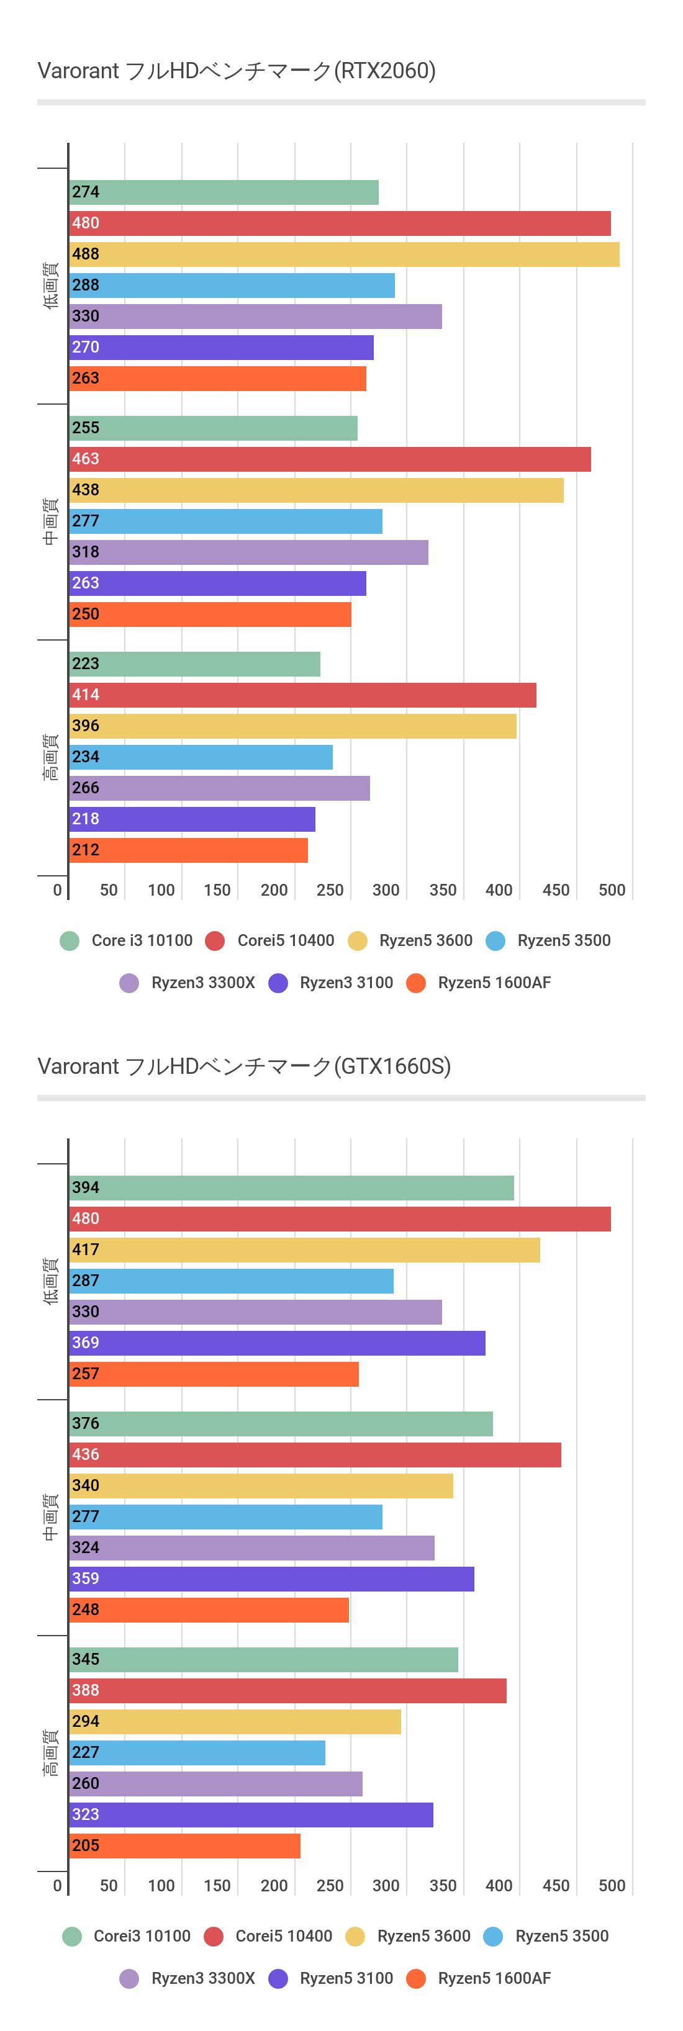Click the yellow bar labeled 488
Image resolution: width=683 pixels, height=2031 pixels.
pos(344,254)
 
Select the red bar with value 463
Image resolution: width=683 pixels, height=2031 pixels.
pos(330,459)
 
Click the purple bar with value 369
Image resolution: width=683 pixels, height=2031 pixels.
pos(277,1343)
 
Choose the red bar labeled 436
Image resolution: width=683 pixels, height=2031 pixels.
pos(315,1454)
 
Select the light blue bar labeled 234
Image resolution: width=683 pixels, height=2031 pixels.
pos(201,757)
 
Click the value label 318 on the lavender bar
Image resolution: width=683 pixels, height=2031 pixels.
pos(86,552)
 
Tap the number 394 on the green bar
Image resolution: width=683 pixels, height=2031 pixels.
pos(86,1187)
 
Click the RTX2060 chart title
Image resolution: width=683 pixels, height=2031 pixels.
pos(237,71)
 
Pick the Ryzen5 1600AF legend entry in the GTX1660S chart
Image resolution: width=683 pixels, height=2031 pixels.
pos(479,1978)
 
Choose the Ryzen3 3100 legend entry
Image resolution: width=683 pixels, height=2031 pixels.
pos(331,983)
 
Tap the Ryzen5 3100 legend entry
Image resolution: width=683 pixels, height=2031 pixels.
pos(331,1978)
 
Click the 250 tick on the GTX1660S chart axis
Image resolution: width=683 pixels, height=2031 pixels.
pos(330,1886)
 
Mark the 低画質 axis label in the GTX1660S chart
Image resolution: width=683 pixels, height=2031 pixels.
pos(50,1281)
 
